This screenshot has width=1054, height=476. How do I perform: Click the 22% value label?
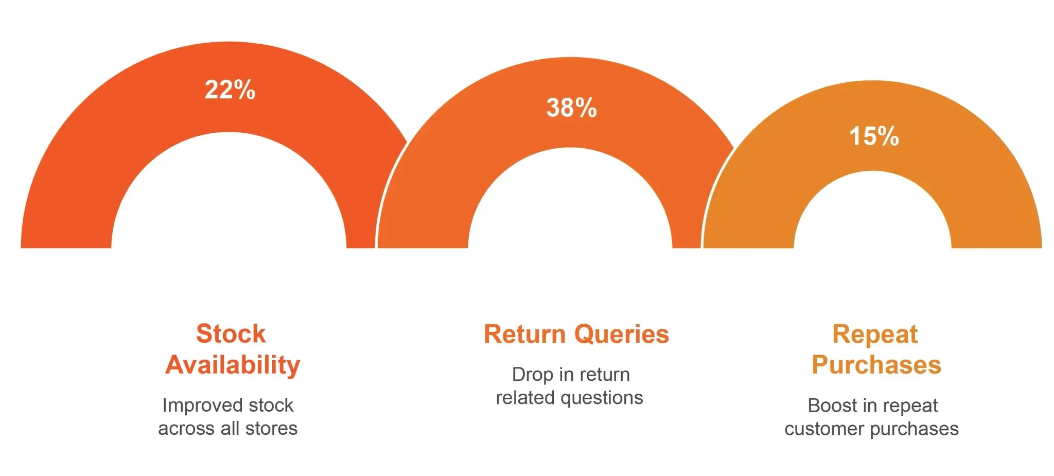pyautogui.click(x=230, y=90)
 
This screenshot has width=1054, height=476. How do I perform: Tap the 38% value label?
pyautogui.click(x=571, y=108)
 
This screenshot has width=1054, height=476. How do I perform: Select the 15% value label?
pyautogui.click(x=874, y=136)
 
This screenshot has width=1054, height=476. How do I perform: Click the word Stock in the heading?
pyautogui.click(x=231, y=333)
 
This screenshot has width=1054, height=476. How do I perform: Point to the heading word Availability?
pyautogui.click(x=233, y=365)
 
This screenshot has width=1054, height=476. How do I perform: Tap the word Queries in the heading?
pyautogui.click(x=622, y=335)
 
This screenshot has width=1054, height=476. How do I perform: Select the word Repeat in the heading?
pyautogui.click(x=875, y=335)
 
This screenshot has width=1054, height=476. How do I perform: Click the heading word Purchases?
pyautogui.click(x=876, y=365)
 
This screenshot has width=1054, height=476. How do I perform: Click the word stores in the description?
pyautogui.click(x=271, y=428)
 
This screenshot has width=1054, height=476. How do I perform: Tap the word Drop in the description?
pyautogui.click(x=533, y=375)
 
